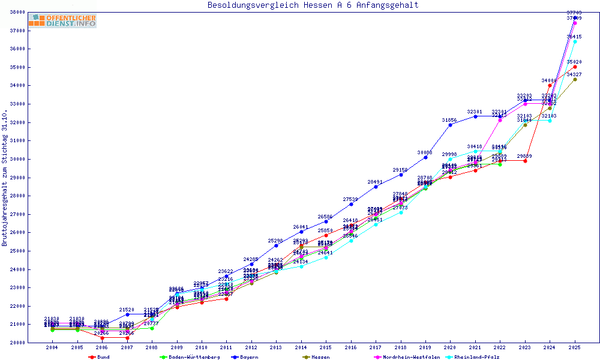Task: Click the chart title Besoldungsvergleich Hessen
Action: point(313,5)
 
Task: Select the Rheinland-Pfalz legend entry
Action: point(476,357)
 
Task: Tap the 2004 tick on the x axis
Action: point(52,347)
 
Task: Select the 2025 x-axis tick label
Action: point(575,347)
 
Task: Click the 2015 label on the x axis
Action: point(326,347)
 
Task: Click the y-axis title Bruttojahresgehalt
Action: point(5,178)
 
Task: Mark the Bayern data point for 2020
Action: point(450,125)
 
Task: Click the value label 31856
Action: point(449,121)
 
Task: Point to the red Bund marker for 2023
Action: point(525,161)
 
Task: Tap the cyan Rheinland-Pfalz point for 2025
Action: point(575,42)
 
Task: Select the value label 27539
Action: point(350,200)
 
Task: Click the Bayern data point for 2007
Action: point(127,314)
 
